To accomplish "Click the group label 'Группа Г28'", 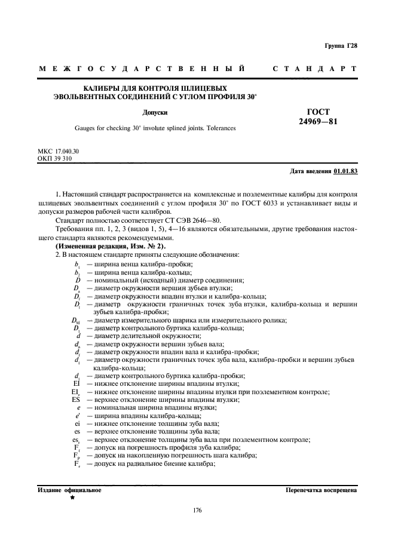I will [x=341, y=45].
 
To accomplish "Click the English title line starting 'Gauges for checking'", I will [x=155, y=127].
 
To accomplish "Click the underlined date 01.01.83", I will [x=345, y=171].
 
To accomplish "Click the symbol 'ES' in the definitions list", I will [x=76, y=400].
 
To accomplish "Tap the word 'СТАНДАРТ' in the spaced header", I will [x=315, y=69].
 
